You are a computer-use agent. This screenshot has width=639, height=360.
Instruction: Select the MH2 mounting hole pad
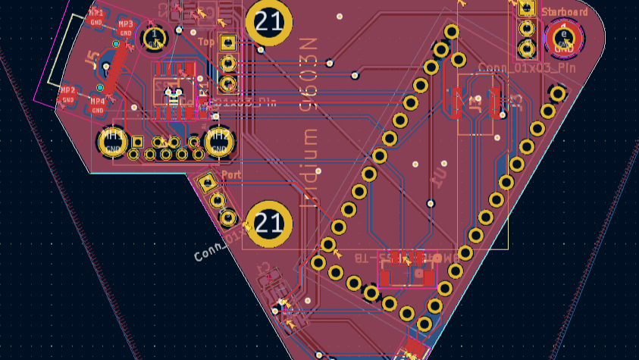(219, 142)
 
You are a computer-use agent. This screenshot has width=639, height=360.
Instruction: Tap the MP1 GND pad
(96, 17)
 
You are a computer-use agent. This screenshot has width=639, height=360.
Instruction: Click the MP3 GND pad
(126, 29)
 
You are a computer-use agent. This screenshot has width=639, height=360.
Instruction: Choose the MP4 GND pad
(98, 105)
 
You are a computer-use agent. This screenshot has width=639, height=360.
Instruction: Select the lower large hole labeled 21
(269, 224)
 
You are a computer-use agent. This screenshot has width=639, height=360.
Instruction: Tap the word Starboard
(564, 12)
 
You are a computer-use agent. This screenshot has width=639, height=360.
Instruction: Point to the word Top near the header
(205, 42)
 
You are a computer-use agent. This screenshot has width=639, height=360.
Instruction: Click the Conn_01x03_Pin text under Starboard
(528, 68)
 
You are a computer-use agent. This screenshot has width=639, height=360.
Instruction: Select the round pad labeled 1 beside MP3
(155, 36)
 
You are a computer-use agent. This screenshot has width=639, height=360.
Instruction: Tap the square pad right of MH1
(138, 142)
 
